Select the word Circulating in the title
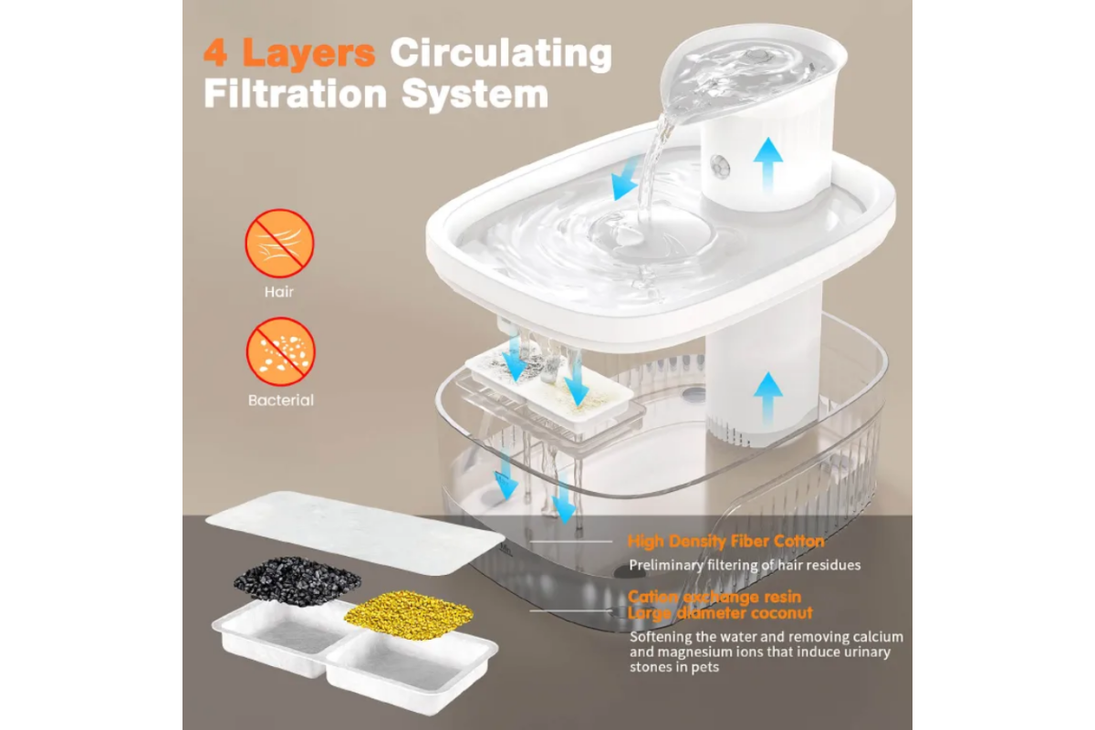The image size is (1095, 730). pyautogui.click(x=501, y=55)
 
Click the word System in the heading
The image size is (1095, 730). pyautogui.click(x=474, y=95)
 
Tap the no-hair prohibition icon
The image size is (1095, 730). pyautogui.click(x=279, y=244)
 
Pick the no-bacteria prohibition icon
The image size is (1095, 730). pyautogui.click(x=280, y=351)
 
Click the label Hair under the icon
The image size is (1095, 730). pyautogui.click(x=279, y=292)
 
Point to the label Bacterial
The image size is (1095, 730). pyautogui.click(x=281, y=401)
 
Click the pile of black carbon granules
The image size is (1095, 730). pyautogui.click(x=297, y=580)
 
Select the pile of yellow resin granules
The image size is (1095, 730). pyautogui.click(x=409, y=615)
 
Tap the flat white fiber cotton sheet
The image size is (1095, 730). pyautogui.click(x=355, y=533)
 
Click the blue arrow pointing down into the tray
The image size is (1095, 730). pyautogui.click(x=626, y=178)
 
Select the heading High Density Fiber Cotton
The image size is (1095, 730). pyautogui.click(x=726, y=541)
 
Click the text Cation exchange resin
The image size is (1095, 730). pyautogui.click(x=714, y=597)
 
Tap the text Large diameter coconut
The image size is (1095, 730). pyautogui.click(x=720, y=613)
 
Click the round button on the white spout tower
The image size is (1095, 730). pyautogui.click(x=720, y=166)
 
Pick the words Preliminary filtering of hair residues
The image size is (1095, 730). pyautogui.click(x=745, y=565)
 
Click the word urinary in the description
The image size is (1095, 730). pyautogui.click(x=866, y=652)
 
